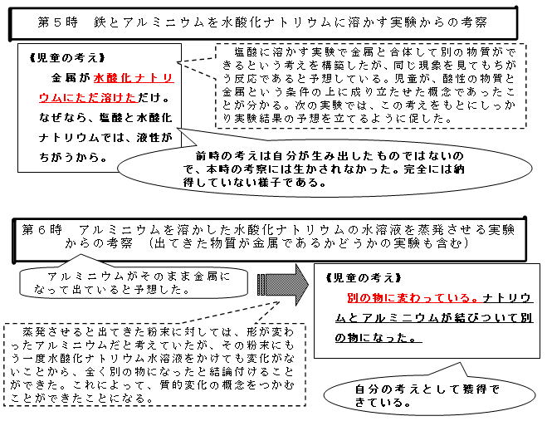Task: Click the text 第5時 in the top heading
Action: click(x=58, y=22)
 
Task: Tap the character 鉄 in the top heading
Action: click(x=100, y=22)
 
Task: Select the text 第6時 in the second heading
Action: click(x=42, y=230)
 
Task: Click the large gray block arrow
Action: click(x=283, y=285)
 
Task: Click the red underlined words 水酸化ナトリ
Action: click(x=134, y=77)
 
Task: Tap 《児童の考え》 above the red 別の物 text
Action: click(x=364, y=278)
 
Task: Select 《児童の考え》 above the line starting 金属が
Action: click(x=67, y=57)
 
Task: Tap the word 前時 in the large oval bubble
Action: click(x=207, y=155)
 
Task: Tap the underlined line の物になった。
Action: click(x=379, y=338)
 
